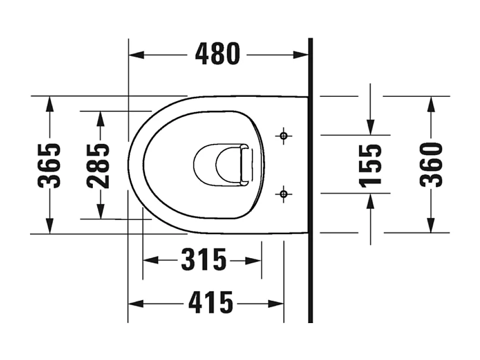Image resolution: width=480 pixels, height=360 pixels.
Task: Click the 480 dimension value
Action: pyautogui.click(x=217, y=54)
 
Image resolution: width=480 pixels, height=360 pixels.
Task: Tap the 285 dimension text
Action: pyautogui.click(x=99, y=165)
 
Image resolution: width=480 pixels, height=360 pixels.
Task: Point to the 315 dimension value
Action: pyautogui.click(x=203, y=260)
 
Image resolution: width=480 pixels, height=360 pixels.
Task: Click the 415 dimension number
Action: pyautogui.click(x=210, y=303)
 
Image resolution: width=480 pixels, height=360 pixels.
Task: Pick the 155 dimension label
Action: pyautogui.click(x=370, y=165)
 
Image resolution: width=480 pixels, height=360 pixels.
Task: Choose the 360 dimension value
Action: pyautogui.click(x=431, y=165)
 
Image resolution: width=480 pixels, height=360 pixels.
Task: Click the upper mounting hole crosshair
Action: pyautogui.click(x=284, y=135)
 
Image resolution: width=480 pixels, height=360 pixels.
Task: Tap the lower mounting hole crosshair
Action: pyautogui.click(x=284, y=194)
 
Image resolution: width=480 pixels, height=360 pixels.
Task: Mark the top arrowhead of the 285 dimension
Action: pyautogui.click(x=100, y=118)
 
